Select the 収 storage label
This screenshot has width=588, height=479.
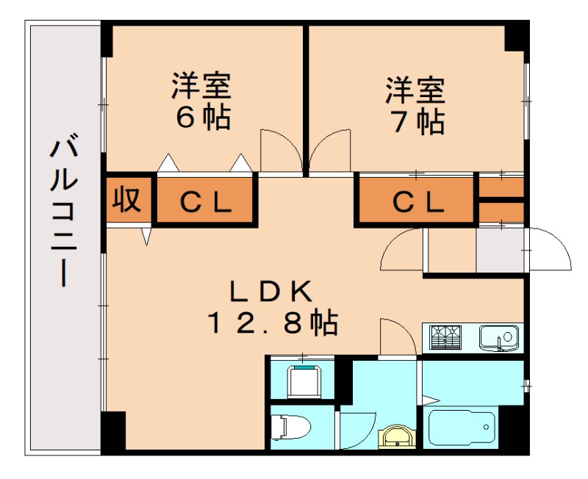tap(126, 200)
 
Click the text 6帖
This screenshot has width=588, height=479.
tap(202, 118)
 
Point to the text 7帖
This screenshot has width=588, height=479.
tap(417, 120)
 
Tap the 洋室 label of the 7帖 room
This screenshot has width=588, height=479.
tap(416, 90)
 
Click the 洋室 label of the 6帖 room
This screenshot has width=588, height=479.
tap(201, 87)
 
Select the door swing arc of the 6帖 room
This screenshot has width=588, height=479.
tap(279, 151)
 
